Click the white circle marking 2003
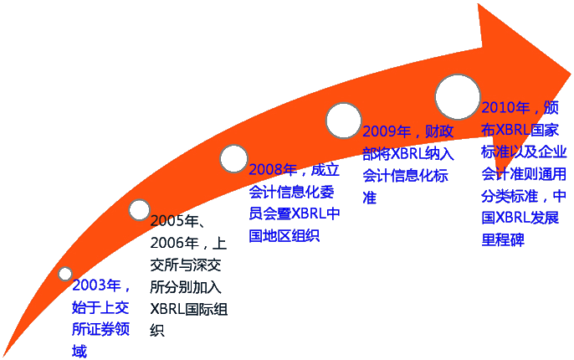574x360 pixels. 65,274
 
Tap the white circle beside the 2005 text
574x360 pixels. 139,210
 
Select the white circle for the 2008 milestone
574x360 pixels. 233,157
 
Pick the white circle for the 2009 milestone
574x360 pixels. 343,120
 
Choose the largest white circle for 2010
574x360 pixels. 458,96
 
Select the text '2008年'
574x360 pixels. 273,170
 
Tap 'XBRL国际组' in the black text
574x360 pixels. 188,309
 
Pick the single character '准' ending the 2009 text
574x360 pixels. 369,198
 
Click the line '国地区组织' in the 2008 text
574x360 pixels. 284,235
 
